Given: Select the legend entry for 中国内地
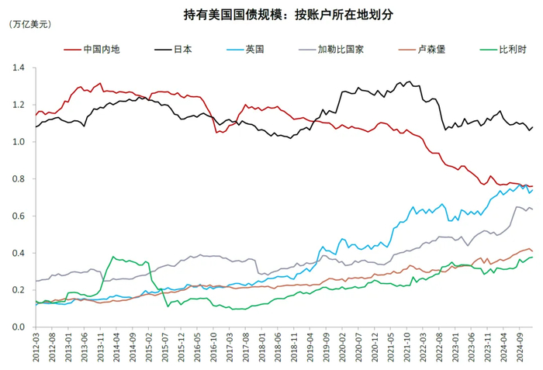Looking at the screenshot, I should click(x=102, y=49).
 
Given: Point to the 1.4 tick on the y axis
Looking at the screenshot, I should click(x=19, y=68).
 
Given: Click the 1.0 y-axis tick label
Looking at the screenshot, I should click(x=19, y=142).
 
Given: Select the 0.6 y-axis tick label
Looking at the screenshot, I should click(x=19, y=216).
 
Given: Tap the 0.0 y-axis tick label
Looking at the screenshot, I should click(x=19, y=327).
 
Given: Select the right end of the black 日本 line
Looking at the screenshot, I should click(x=533, y=126).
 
